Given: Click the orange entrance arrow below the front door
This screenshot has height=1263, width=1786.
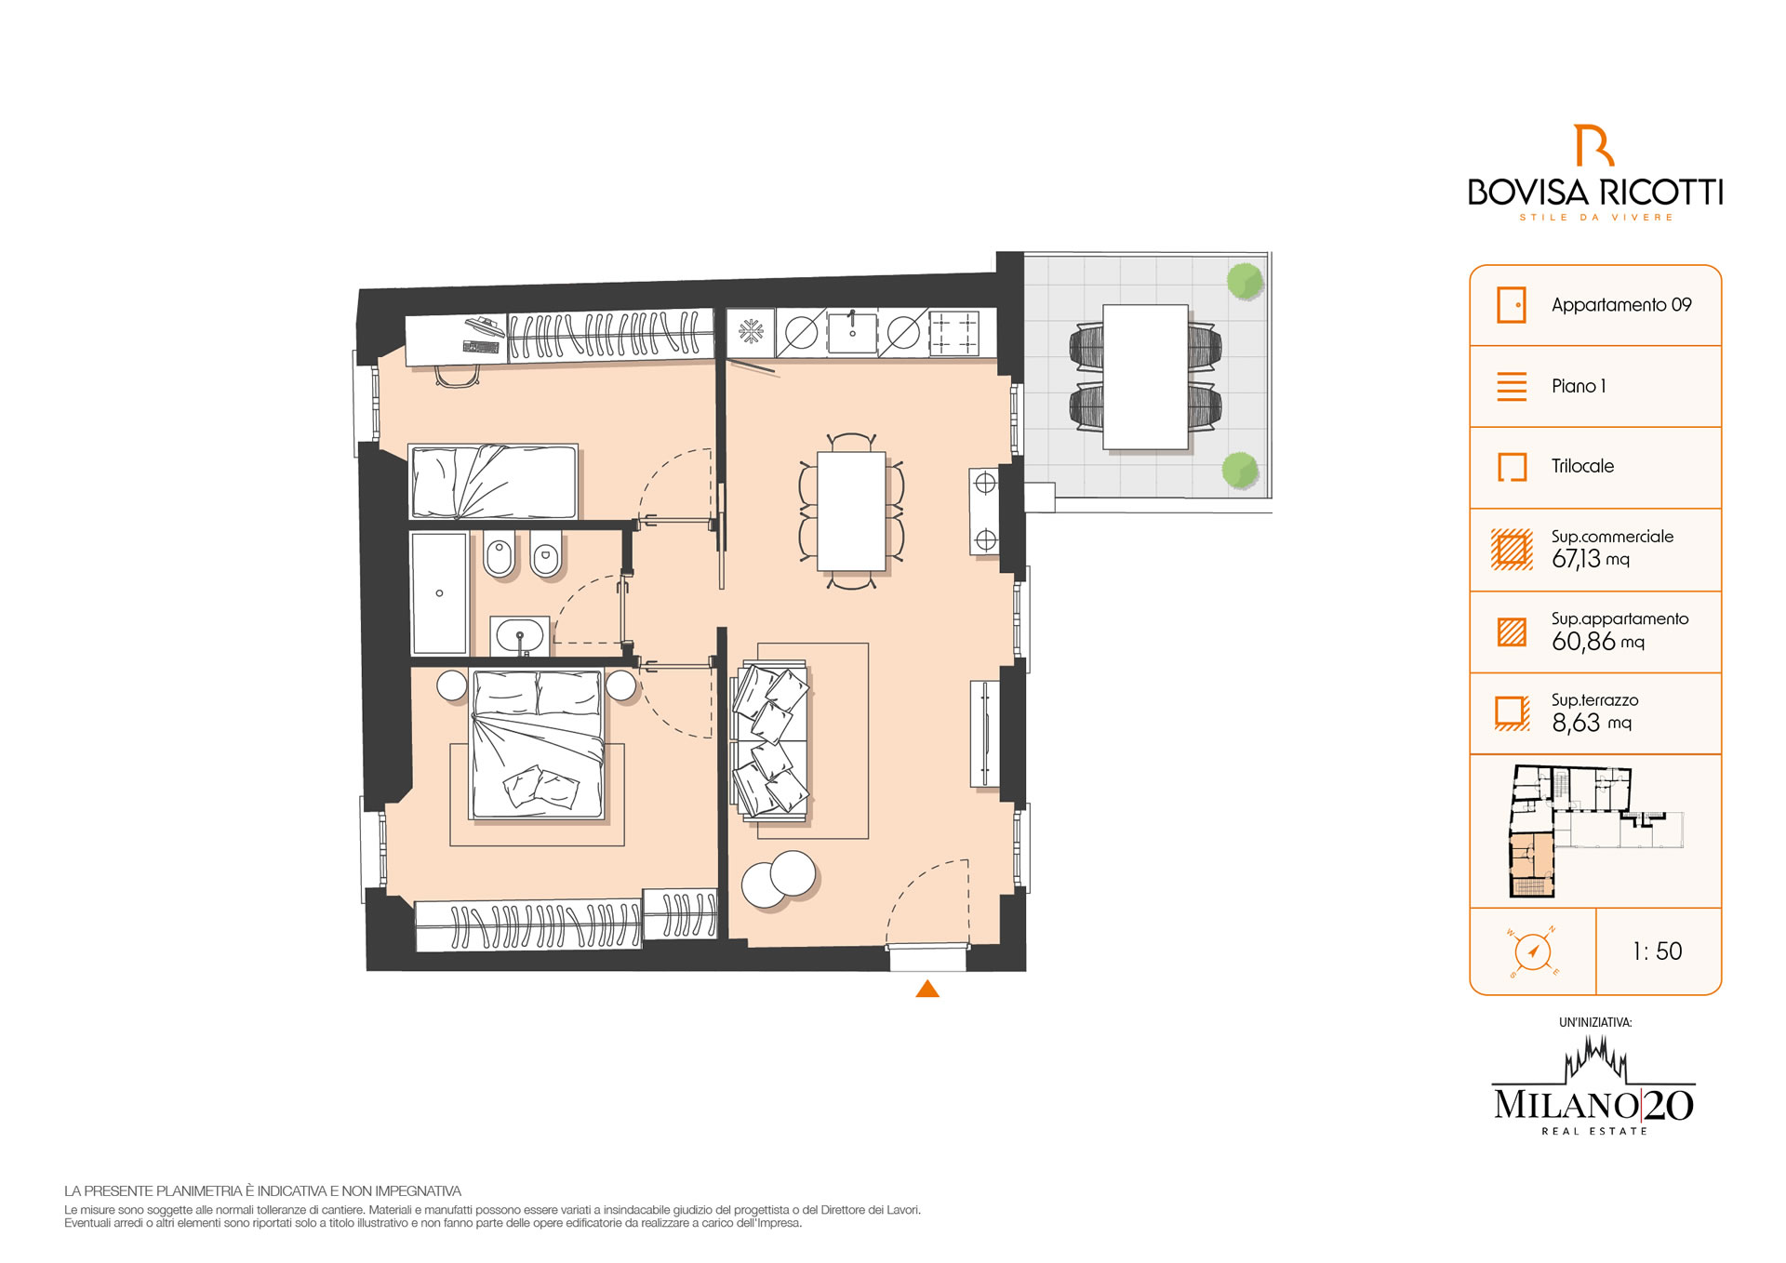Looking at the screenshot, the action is pyautogui.click(x=927, y=989).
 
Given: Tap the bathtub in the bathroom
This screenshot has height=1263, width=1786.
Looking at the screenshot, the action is pyautogui.click(x=439, y=593).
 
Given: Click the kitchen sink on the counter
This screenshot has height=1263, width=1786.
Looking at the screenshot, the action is pyautogui.click(x=852, y=332).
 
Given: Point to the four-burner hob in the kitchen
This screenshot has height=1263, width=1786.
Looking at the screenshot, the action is pyautogui.click(x=953, y=333).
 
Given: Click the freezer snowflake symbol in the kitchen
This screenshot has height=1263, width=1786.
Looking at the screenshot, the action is pyautogui.click(x=751, y=331).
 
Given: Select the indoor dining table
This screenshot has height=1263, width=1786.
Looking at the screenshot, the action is pyautogui.click(x=851, y=511).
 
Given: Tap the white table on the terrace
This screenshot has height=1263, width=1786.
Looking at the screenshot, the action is pyautogui.click(x=1145, y=377).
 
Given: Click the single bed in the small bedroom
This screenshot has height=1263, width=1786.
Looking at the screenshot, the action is pyautogui.click(x=493, y=481).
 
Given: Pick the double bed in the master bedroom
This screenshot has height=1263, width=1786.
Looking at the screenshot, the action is pyautogui.click(x=538, y=744).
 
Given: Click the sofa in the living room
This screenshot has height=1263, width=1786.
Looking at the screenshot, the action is pyautogui.click(x=771, y=740).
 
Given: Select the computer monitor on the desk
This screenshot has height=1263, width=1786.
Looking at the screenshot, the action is pyautogui.click(x=486, y=326).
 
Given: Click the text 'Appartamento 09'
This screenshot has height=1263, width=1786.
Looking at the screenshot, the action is pyautogui.click(x=1621, y=305).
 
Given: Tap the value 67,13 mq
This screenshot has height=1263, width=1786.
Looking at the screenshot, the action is pyautogui.click(x=1591, y=559).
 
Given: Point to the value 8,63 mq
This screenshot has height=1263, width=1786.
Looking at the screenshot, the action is pyautogui.click(x=1592, y=723).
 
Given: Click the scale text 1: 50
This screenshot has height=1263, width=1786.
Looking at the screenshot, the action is pyautogui.click(x=1658, y=951).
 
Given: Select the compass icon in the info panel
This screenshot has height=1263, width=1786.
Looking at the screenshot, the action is pyautogui.click(x=1532, y=951).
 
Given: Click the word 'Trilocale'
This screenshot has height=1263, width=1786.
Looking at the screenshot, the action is pyautogui.click(x=1582, y=466).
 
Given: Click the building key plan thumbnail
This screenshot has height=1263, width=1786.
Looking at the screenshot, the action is pyautogui.click(x=1594, y=831).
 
